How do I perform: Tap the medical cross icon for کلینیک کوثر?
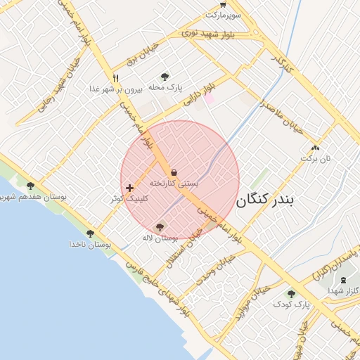129,188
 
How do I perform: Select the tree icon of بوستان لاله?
160,227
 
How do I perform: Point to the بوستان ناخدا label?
90,244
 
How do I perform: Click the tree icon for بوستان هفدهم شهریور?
30,186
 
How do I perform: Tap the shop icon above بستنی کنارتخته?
174,172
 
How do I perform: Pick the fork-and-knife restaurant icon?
116,78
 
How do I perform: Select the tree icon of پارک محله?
165,77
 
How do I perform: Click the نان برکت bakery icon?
314,148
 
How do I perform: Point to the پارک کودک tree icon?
291,293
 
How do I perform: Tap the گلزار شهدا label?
344,290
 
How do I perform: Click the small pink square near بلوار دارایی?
209,99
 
